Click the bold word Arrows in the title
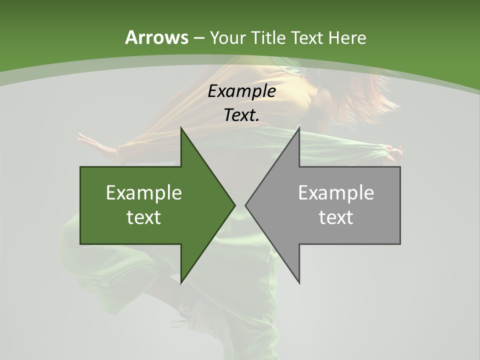pos(156,37)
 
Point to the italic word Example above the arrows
pos(241,91)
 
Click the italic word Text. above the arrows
pos(241,115)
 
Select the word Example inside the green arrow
pos(144,192)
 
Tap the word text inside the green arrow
pos(144,217)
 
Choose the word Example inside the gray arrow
pos(336,192)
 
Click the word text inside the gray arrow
pos(336,217)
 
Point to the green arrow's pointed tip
pos(234,205)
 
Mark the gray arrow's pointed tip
pos(246,205)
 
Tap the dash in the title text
pos(198,38)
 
